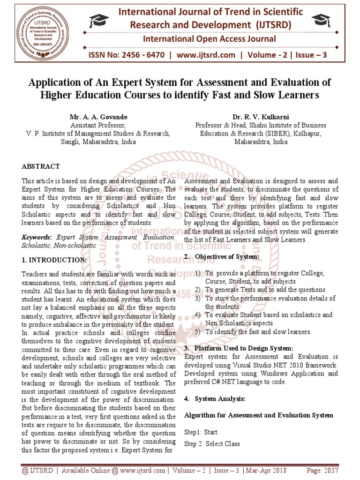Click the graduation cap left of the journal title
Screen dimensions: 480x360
[x=100, y=20]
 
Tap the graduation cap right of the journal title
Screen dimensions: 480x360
[x=321, y=20]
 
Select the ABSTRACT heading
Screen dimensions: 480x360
[x=41, y=166]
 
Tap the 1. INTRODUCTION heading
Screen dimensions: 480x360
[x=54, y=260]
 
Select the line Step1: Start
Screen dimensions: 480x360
[x=201, y=432]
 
